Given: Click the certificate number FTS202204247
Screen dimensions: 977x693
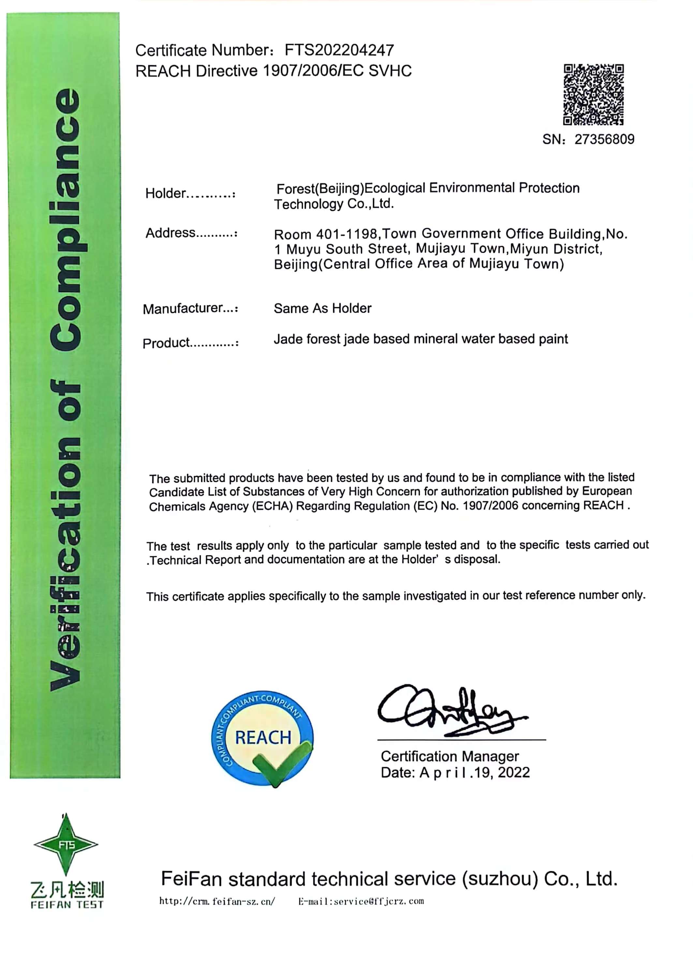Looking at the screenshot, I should (x=339, y=50).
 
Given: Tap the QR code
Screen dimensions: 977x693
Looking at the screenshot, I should (x=593, y=95).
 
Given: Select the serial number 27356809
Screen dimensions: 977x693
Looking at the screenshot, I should (x=604, y=139).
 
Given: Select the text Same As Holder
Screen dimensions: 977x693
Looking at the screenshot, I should (x=323, y=308).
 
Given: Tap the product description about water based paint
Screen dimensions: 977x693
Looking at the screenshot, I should (x=421, y=339).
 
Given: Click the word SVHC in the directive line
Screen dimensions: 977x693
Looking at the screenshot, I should (x=390, y=71).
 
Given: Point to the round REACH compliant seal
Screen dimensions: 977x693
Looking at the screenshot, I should (x=262, y=737).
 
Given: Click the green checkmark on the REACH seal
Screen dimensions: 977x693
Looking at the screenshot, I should (x=282, y=763).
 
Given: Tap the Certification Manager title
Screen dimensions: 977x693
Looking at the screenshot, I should (x=450, y=756).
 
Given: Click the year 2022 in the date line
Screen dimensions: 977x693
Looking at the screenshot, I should (x=514, y=772).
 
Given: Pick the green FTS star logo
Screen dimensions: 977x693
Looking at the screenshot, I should (x=66, y=844).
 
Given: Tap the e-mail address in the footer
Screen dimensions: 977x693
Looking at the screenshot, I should (x=361, y=901).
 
